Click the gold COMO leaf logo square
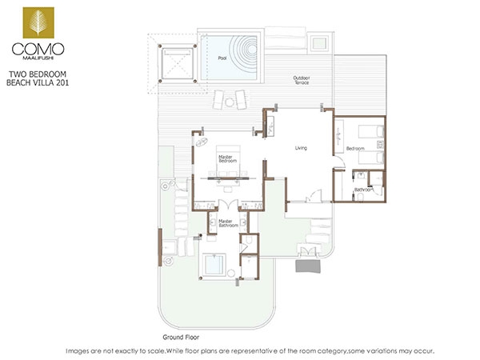point(38,22)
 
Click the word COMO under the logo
point(38,49)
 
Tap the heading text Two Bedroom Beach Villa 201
point(38,78)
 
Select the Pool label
point(222,58)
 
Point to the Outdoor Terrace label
point(302,80)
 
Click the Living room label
point(301,148)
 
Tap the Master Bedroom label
point(227,158)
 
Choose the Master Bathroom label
point(228,223)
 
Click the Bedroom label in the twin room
point(355,149)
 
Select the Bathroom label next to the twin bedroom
point(364,190)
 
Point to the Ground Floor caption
point(181,338)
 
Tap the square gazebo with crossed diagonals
point(178,64)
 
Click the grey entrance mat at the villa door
point(308,266)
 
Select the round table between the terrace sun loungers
point(230,102)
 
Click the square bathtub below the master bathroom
point(214,265)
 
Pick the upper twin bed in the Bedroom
point(371,132)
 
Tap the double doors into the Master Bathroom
point(228,205)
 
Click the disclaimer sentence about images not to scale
point(250,351)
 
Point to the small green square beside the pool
point(319,42)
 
